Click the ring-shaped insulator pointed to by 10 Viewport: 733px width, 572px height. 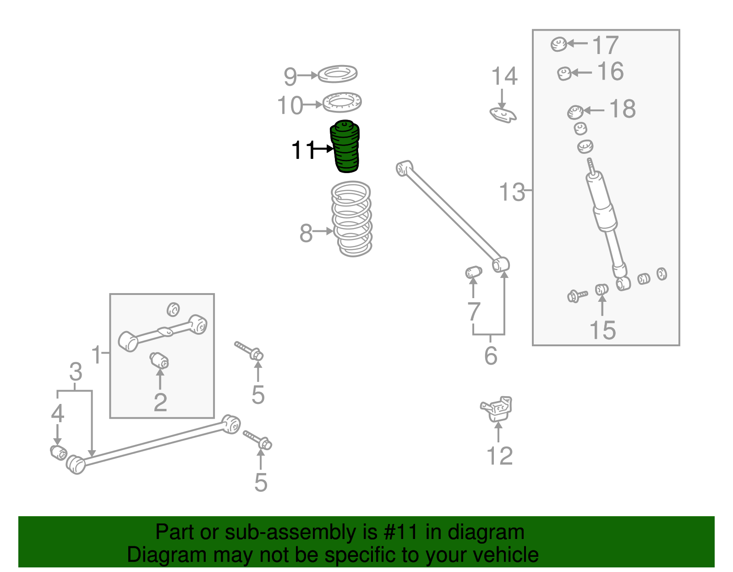click(342, 102)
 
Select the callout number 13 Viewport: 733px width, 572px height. click(512, 192)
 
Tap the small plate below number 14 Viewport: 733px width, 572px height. click(503, 114)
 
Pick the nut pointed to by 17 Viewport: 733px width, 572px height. click(558, 44)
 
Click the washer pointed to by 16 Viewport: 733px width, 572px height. click(564, 73)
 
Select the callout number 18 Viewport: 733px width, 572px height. click(622, 109)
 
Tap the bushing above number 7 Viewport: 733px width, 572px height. click(473, 273)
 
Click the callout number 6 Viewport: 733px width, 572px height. click(491, 356)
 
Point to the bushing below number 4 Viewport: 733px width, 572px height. click(58, 452)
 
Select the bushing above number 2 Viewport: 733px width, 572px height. click(159, 360)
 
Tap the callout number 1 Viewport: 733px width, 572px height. click(96, 354)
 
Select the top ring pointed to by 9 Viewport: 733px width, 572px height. click(338, 74)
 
